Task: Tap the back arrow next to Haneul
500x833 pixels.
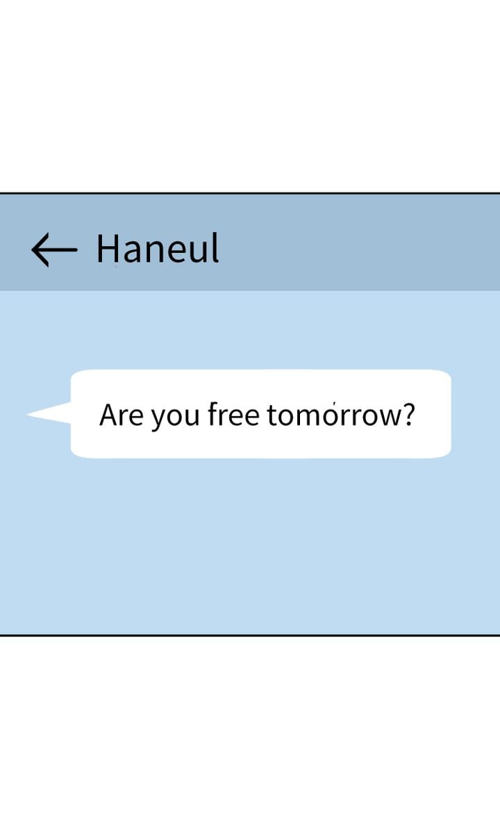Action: [54, 249]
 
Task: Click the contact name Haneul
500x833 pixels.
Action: [158, 247]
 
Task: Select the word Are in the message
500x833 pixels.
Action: [121, 415]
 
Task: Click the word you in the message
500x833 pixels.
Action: [175, 418]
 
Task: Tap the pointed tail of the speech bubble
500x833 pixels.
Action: [27, 414]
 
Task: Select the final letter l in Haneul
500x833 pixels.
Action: [215, 247]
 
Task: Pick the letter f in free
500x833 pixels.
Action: [212, 414]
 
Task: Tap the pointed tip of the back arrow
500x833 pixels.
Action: [33, 249]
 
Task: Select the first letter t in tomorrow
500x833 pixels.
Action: [272, 415]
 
